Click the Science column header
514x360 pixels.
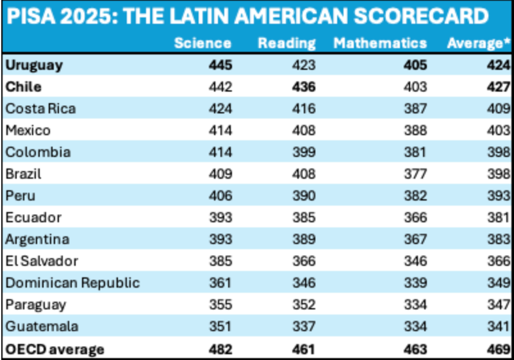pos(203,44)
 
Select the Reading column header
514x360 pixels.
pos(287,44)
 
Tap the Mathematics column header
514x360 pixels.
pos(380,44)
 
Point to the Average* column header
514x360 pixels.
pos(479,44)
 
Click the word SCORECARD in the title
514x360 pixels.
pos(421,16)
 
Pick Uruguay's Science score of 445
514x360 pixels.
pos(220,65)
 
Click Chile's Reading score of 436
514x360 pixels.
pos(304,87)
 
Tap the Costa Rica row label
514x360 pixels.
pos(40,108)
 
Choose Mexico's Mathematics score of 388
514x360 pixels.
pos(415,131)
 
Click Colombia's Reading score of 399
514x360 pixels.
pos(304,152)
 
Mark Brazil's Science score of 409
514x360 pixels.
pos(220,174)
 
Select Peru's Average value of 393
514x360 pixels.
pos(499,195)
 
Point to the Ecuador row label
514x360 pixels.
pos(33,217)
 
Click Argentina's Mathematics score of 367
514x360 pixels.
pos(415,239)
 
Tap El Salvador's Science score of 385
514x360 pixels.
pos(220,261)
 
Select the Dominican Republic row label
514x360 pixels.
pos(73,283)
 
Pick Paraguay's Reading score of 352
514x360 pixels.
pos(304,304)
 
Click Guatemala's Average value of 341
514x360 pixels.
pos(499,326)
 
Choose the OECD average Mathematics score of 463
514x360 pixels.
pos(415,349)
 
